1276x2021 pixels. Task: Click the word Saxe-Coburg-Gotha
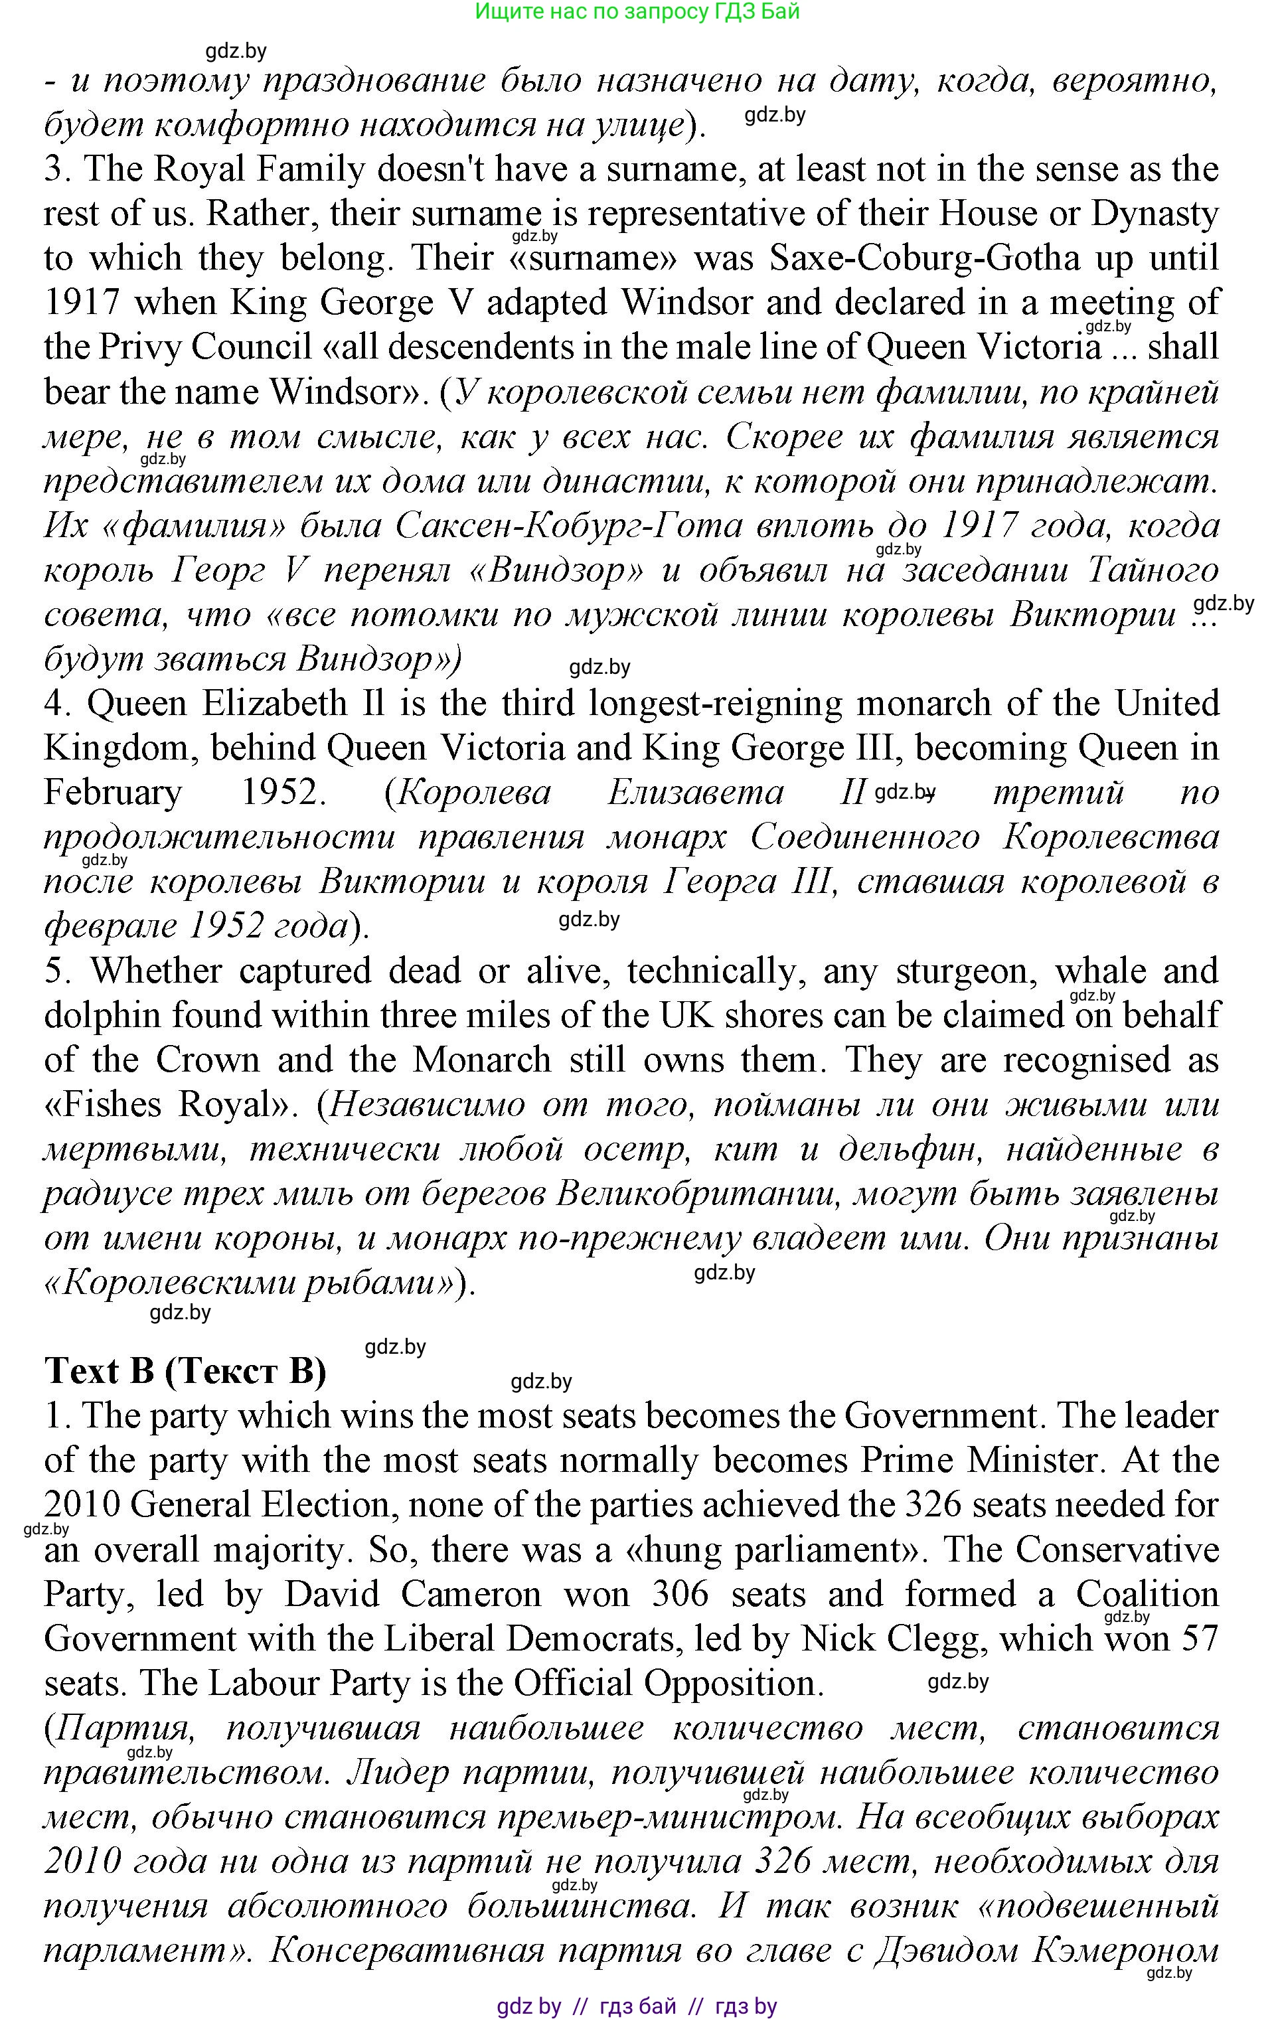[924, 258]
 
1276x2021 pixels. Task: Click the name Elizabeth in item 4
[274, 703]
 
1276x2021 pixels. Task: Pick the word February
[112, 792]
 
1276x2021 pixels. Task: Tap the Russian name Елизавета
[695, 792]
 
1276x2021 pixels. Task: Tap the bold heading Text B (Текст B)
[185, 1370]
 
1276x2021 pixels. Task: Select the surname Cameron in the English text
[471, 1594]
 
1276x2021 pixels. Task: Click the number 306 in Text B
[680, 1594]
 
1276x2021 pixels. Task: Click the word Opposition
[733, 1683]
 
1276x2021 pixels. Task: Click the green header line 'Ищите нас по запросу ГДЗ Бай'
[637, 12]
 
